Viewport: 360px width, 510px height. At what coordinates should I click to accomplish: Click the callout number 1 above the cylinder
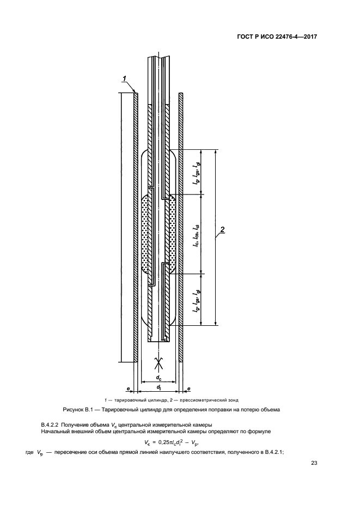click(x=124, y=78)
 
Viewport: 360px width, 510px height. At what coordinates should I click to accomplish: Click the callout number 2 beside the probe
click(x=222, y=230)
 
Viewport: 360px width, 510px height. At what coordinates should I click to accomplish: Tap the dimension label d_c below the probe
click(x=158, y=378)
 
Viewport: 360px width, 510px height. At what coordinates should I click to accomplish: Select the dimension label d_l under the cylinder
click(x=158, y=387)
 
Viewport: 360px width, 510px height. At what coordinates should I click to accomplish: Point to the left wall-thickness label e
click(x=128, y=388)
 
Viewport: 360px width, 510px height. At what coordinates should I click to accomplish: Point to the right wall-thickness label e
click(x=190, y=388)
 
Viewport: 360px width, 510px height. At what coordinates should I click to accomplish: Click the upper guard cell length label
click(x=196, y=174)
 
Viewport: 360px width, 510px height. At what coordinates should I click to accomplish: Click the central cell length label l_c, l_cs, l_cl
click(x=196, y=235)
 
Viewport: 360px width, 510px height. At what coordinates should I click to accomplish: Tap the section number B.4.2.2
click(x=50, y=424)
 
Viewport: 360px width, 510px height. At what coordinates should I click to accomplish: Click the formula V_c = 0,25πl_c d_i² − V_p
click(x=172, y=442)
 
